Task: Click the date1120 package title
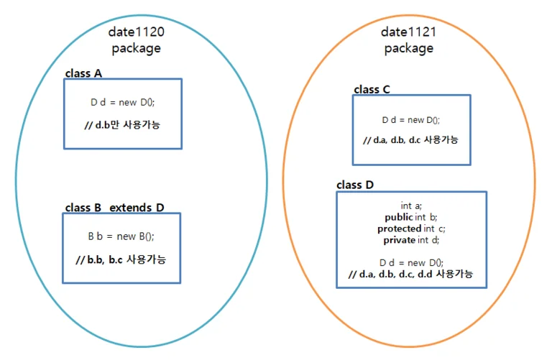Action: [137, 40]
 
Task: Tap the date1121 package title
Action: [408, 40]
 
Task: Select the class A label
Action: [83, 73]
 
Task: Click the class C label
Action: [372, 89]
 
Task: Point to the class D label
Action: [355, 185]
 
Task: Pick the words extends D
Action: [137, 208]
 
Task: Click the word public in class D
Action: [399, 217]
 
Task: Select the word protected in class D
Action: [399, 229]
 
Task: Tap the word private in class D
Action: [399, 240]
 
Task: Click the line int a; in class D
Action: [411, 206]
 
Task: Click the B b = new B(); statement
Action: [121, 236]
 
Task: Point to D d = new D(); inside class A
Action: [122, 102]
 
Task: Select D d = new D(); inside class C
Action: [411, 120]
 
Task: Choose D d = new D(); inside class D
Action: [411, 262]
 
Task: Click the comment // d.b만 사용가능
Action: [122, 124]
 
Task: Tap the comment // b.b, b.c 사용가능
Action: [121, 259]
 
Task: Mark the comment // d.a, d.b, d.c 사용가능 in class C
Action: [410, 140]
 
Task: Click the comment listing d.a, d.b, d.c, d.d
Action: [410, 274]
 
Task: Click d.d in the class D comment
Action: [425, 274]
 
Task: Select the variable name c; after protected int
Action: [442, 229]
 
